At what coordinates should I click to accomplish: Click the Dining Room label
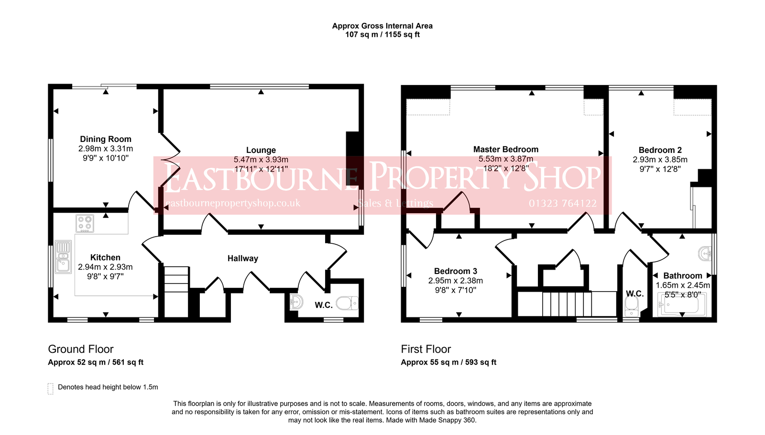coord(106,139)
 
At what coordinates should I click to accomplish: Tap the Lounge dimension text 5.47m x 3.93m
coord(261,160)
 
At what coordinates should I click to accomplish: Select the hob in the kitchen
coord(85,224)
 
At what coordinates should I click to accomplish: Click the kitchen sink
coord(63,257)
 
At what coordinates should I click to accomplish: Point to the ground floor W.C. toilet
coord(347,303)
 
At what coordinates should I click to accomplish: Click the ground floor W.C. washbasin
coord(296,302)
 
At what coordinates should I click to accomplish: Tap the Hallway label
coord(243,259)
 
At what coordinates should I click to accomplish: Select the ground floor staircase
coord(176,292)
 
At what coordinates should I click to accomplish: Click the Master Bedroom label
coord(506,149)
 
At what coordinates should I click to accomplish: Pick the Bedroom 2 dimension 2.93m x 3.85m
coord(660,160)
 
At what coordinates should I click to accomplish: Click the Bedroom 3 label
coord(456,271)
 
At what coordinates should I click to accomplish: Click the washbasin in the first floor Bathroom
coord(705,253)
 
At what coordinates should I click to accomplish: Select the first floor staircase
coord(567,304)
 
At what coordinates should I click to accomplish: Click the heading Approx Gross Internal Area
coord(382,26)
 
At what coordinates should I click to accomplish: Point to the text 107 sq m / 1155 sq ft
coord(382,34)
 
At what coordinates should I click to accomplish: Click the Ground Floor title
coord(81,349)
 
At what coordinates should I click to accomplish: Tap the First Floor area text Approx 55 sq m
coord(430,362)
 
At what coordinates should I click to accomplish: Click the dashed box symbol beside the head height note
coord(51,389)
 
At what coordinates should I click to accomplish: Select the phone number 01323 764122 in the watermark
coord(562,204)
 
